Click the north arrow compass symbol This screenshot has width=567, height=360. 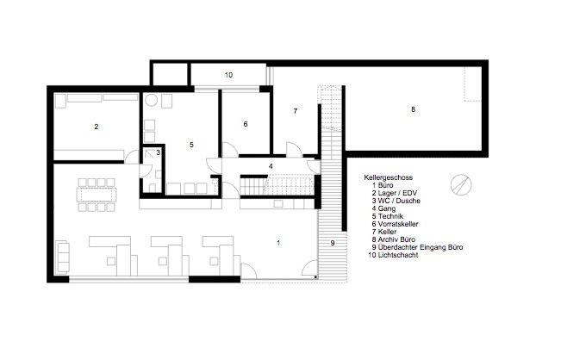pos(461,184)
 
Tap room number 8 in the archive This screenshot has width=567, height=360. pos(414,109)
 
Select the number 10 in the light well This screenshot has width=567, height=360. pos(228,75)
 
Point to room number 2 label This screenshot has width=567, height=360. pos(97,127)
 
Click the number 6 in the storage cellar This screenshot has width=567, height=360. pos(246,124)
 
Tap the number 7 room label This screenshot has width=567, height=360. pos(296,111)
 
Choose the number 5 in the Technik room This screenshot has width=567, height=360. pos(191,145)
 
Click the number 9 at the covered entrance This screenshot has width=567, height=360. pos(333,243)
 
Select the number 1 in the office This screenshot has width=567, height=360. pos(278,243)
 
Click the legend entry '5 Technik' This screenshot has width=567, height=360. pos(387,216)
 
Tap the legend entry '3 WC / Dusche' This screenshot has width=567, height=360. pos(396,201)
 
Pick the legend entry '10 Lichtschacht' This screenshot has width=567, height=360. pos(393,255)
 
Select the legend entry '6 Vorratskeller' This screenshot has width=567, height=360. pos(395,224)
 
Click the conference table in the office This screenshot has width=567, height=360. pos(97,196)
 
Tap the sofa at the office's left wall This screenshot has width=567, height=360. pos(62,257)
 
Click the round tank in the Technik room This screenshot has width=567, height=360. pos(151,100)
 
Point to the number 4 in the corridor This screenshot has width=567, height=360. pos(271,166)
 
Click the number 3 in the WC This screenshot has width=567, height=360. pos(158,152)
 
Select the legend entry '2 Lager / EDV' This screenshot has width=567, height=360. pos(394,193)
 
